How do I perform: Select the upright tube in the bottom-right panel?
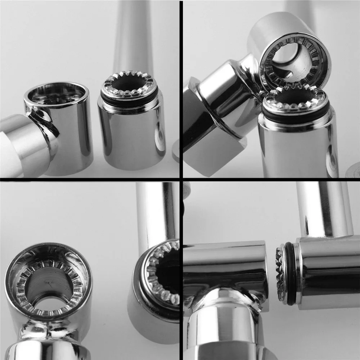tap(324, 209)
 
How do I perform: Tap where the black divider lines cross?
tap(181, 179)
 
